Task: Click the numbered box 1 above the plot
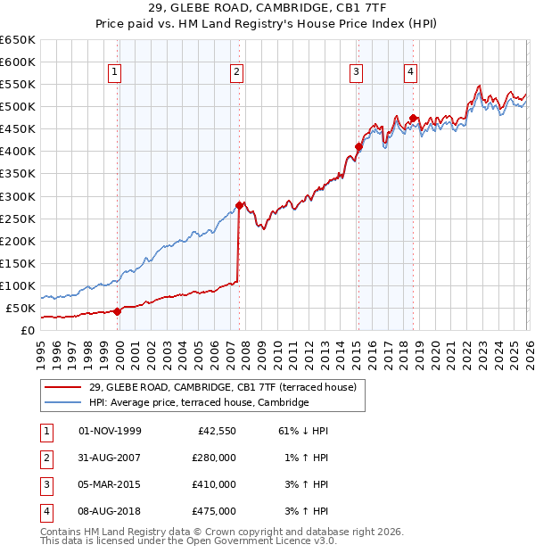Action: click(116, 73)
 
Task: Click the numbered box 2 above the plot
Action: click(237, 73)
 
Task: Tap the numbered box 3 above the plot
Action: click(356, 73)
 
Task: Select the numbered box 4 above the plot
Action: click(410, 73)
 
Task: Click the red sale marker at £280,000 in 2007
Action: click(239, 205)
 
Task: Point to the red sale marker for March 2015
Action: click(358, 146)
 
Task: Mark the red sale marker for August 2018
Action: click(413, 118)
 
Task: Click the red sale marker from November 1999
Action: click(117, 311)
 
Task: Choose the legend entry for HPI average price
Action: click(199, 403)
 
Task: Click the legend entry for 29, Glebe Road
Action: click(223, 387)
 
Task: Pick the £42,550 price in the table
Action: click(214, 431)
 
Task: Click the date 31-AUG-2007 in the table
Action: click(110, 458)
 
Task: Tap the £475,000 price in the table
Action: click(214, 511)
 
